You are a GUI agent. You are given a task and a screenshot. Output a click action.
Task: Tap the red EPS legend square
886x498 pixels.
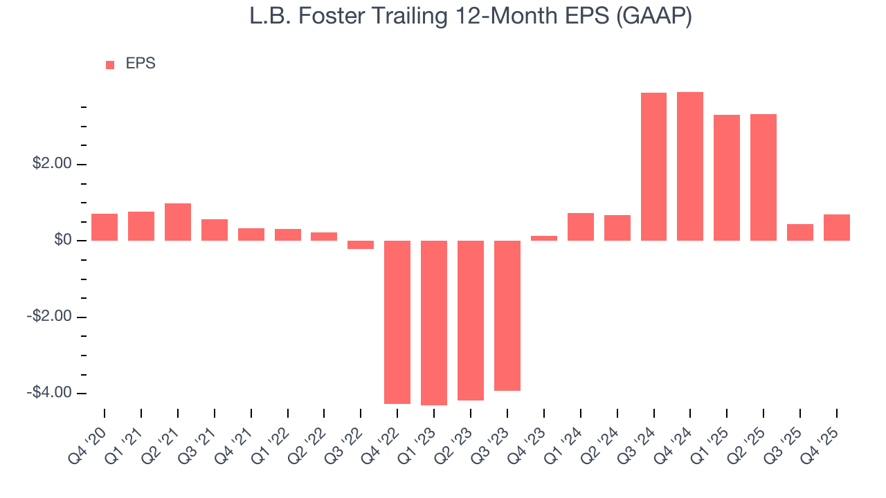pyautogui.click(x=110, y=65)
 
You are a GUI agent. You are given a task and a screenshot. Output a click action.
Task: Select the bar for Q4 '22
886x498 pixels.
pyautogui.click(x=397, y=322)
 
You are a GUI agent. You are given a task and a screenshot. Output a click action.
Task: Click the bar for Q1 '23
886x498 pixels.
pyautogui.click(x=434, y=322)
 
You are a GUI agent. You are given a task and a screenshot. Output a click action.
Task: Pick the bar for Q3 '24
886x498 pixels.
pyautogui.click(x=653, y=167)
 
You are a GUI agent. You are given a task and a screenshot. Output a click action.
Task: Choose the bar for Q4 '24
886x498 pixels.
pyautogui.click(x=690, y=166)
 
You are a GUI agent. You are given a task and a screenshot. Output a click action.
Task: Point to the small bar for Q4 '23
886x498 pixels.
pyautogui.click(x=544, y=238)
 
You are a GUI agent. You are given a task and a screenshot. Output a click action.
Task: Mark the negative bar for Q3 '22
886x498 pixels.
pyautogui.click(x=361, y=245)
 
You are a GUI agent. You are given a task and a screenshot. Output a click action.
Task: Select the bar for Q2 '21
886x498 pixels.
pyautogui.click(x=178, y=222)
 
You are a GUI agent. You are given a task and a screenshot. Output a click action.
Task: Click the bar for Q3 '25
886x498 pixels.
pyautogui.click(x=800, y=232)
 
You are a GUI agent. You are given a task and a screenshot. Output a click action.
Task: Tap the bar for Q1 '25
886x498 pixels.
pyautogui.click(x=727, y=178)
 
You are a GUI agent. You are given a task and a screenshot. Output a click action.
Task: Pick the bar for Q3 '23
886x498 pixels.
pyautogui.click(x=507, y=315)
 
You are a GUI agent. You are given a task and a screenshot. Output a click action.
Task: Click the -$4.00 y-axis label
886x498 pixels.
pyautogui.click(x=49, y=393)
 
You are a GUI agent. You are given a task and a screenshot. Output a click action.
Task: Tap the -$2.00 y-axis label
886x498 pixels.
pyautogui.click(x=49, y=317)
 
